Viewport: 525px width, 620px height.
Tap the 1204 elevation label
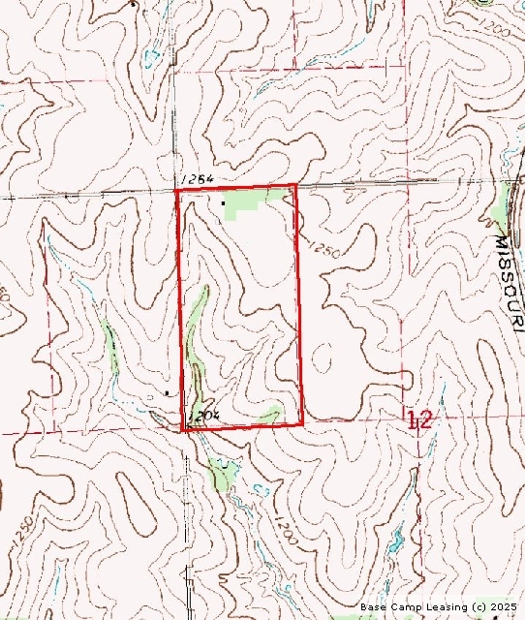pyautogui.click(x=204, y=415)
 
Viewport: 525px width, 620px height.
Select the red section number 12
pyautogui.click(x=419, y=419)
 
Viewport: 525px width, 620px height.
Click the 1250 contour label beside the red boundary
pyautogui.click(x=323, y=249)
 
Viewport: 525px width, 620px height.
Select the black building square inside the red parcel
pyautogui.click(x=224, y=202)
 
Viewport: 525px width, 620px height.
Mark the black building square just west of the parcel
pyautogui.click(x=167, y=393)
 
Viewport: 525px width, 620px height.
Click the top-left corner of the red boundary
pyautogui.click(x=176, y=191)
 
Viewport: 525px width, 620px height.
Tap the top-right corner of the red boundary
pyautogui.click(x=294, y=185)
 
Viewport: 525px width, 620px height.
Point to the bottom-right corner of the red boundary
pyautogui.click(x=303, y=422)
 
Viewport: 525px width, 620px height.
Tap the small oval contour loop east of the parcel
pyautogui.click(x=323, y=359)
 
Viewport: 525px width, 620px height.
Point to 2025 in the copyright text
pyautogui.click(x=504, y=606)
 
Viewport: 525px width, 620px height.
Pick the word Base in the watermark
pyautogui.click(x=373, y=606)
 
